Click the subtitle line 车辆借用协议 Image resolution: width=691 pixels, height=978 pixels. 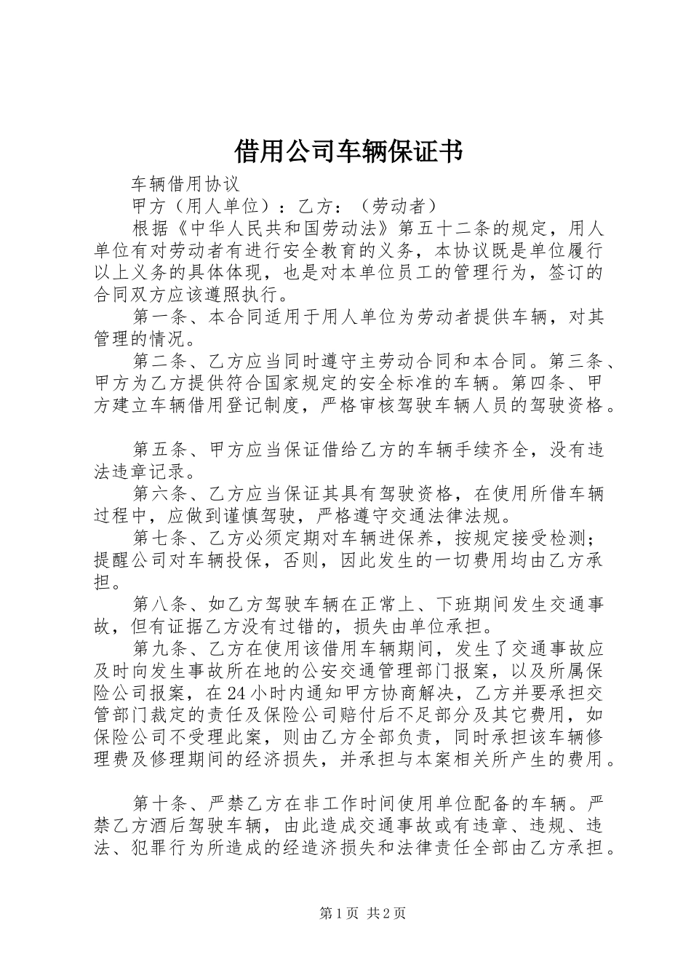pyautogui.click(x=185, y=183)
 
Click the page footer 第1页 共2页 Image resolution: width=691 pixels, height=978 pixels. pyautogui.click(x=363, y=914)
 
